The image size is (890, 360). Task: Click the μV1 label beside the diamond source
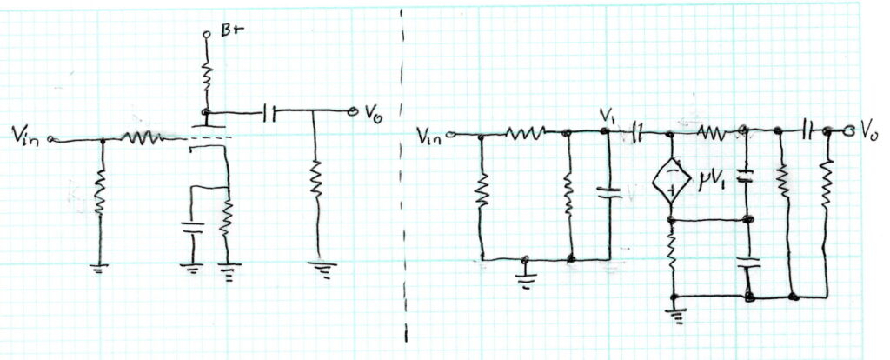(x=714, y=183)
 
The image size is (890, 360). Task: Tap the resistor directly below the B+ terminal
(x=207, y=74)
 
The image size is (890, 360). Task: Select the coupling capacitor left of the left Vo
(x=269, y=114)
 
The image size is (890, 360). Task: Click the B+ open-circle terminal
(x=207, y=35)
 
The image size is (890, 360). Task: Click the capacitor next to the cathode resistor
(x=192, y=229)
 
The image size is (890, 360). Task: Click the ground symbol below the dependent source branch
(x=674, y=314)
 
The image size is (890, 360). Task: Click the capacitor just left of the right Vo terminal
(x=807, y=130)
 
